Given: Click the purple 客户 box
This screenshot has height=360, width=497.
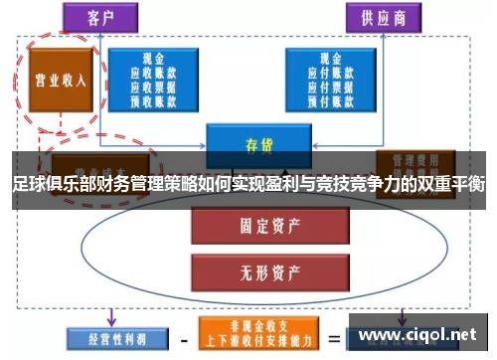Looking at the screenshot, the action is [99, 17].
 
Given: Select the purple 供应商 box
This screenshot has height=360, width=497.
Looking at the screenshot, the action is [383, 17].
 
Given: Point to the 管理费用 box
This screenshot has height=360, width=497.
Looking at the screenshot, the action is [415, 160].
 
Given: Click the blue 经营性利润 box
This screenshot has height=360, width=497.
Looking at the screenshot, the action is [103, 337].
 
